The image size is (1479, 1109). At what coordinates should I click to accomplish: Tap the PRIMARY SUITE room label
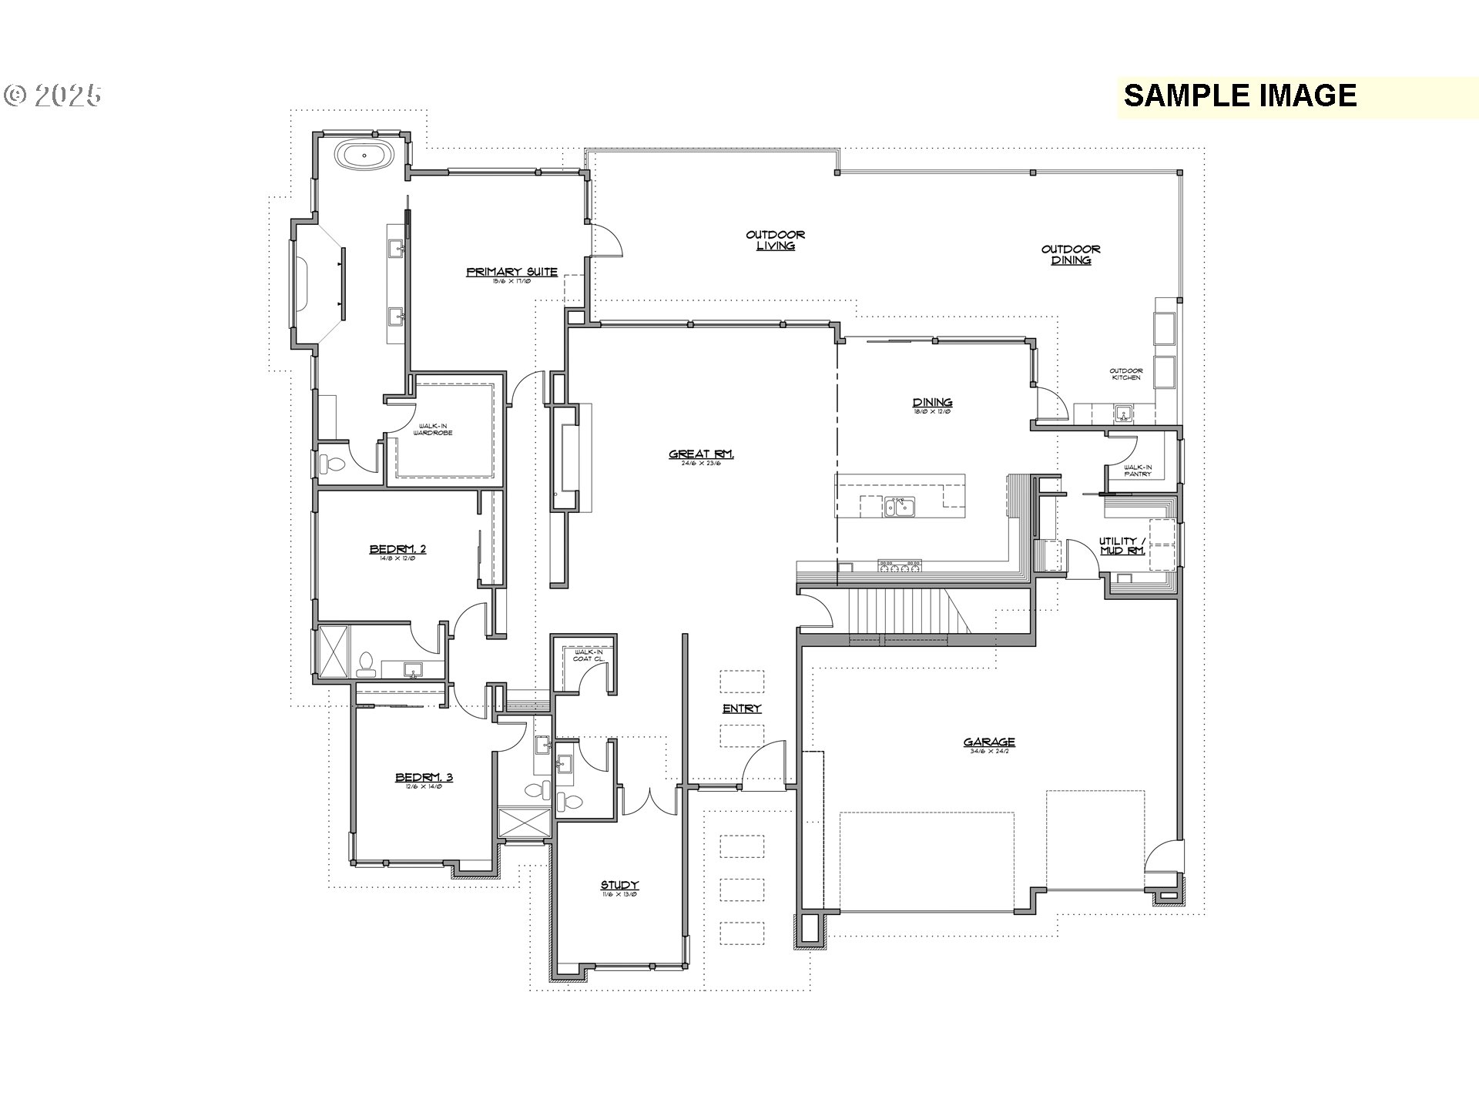coord(511,272)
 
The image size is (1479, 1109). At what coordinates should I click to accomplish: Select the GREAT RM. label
coord(701,454)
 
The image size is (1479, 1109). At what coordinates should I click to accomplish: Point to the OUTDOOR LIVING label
coord(776,240)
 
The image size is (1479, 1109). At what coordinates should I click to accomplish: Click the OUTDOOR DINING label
coord(1071,255)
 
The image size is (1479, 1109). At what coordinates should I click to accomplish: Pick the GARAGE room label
coord(989,742)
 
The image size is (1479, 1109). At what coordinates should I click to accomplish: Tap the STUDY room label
coord(619,886)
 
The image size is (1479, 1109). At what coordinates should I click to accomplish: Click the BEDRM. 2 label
coord(397,549)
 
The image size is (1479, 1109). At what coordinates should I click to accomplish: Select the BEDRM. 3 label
coord(424,777)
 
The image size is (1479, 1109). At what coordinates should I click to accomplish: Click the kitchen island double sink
coord(899,507)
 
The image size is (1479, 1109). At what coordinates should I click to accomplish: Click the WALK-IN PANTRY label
coord(1137,470)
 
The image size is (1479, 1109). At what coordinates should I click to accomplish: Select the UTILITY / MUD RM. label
coord(1122,546)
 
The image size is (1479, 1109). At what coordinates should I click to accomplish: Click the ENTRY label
coord(742,709)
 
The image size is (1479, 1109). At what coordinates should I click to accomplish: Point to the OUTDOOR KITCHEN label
coord(1126,374)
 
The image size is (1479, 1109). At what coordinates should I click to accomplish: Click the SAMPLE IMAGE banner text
coord(1239,95)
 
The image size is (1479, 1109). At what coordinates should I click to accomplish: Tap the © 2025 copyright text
coord(52,95)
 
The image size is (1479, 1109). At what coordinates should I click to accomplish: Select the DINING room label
coord(932,403)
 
